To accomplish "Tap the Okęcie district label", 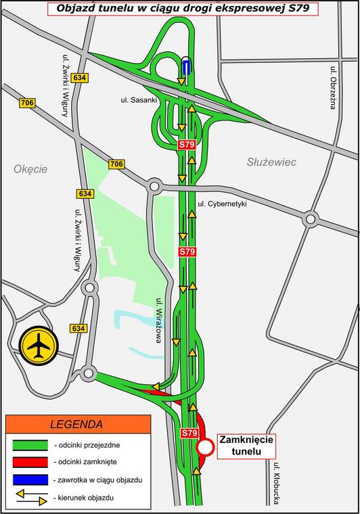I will (30, 169).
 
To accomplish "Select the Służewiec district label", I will (271, 162).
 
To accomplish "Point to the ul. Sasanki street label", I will (134, 99).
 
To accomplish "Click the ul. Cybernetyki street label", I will (223, 204).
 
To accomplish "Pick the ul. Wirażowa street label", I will (158, 321).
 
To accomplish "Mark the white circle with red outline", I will (205, 447).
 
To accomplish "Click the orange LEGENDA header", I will (76, 425).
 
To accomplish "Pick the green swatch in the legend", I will (29, 445).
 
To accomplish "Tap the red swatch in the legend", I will (29, 462).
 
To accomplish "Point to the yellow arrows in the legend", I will (29, 497).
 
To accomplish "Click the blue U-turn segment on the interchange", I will (186, 66).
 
